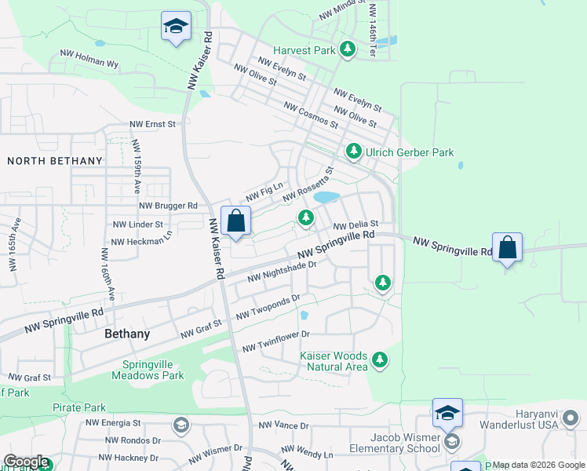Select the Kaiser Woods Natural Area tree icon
pos(380,360)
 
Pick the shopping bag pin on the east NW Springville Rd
pos(508,248)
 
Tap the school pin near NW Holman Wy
pos(176,28)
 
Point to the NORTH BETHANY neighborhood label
pos(55,161)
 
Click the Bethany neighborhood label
pos(126,334)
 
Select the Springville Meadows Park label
pos(154,369)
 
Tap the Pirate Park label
pos(79,407)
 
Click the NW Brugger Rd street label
pos(169,206)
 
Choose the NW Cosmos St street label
pos(311,115)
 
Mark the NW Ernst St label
pos(154,124)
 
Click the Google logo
pos(26,462)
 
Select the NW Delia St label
pos(356,225)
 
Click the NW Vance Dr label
pos(284,425)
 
